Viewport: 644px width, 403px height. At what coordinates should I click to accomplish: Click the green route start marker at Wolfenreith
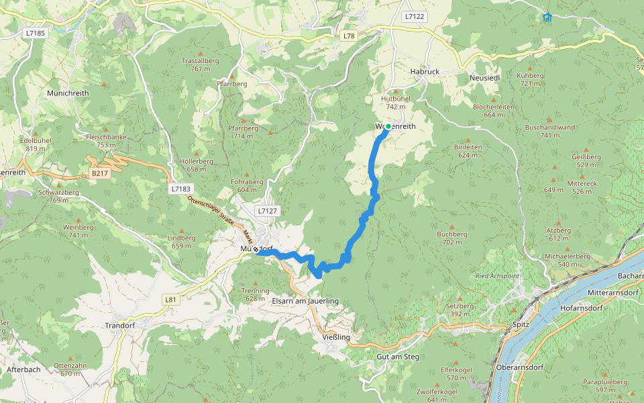(x=388, y=126)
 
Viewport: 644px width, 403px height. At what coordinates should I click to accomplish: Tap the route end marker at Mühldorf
(x=256, y=249)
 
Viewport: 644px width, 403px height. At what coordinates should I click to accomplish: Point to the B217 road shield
(x=99, y=173)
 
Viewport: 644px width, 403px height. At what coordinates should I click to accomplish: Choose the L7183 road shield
(x=180, y=189)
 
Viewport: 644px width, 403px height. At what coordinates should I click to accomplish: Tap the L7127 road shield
(x=266, y=211)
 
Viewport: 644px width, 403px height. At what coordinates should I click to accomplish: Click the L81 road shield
(x=170, y=300)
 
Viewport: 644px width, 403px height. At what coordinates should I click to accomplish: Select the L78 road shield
(x=347, y=35)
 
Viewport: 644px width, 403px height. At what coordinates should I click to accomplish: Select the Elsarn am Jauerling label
(x=305, y=302)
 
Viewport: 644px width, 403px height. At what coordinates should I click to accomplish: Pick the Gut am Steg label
(x=398, y=357)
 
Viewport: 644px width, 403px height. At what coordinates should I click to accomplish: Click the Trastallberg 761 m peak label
(x=201, y=64)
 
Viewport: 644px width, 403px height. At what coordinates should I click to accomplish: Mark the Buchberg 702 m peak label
(x=451, y=238)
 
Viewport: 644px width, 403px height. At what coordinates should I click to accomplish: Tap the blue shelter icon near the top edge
(x=547, y=17)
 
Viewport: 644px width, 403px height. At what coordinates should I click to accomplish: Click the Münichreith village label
(x=68, y=93)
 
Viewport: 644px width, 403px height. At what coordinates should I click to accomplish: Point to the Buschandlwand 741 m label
(x=550, y=131)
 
